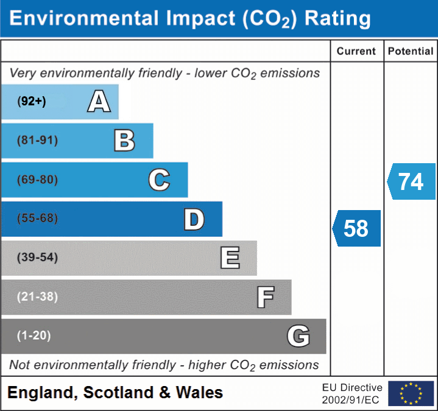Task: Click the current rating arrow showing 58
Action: coord(357,228)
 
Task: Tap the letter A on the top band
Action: coord(99,102)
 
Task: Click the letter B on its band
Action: coord(124,141)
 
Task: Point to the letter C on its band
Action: coord(159,180)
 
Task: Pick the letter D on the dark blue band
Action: coord(194,219)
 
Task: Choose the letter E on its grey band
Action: coord(230,258)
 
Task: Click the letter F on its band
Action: coord(265,297)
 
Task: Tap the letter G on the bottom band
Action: coord(298,336)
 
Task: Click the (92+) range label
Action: coord(32,102)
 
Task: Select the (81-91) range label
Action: coord(37,141)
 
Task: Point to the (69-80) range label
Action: coord(37,180)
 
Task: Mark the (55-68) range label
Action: coord(37,219)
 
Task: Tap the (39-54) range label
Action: coord(37,258)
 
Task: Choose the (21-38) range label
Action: coord(37,297)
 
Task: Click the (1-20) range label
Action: coord(34,335)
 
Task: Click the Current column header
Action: coord(356,52)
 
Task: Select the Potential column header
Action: coord(411,52)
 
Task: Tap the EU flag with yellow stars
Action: coord(411,393)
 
